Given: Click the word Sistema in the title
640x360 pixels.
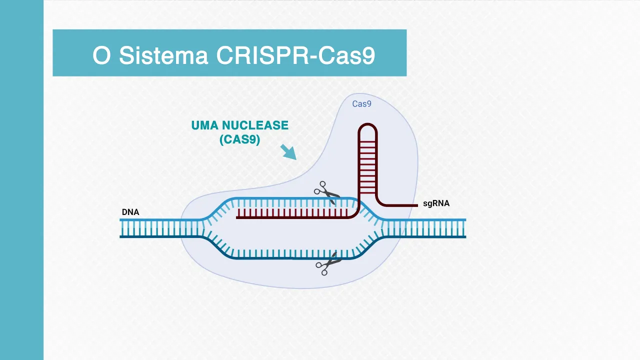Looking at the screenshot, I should point(163,55).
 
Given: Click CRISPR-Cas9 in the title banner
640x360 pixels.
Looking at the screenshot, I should point(295,55).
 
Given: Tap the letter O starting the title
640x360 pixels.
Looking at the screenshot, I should point(101,55).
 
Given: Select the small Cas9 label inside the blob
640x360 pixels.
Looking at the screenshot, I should point(361,104).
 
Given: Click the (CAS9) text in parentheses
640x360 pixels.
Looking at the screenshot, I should point(240,139).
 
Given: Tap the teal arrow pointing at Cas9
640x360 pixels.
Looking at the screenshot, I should point(288,151).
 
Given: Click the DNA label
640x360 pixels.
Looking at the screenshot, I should point(130,212).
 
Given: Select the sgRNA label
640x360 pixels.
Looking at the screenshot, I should point(436,203).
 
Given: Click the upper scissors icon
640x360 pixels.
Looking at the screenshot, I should point(325,192).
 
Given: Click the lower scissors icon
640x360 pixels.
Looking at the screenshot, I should point(327,264).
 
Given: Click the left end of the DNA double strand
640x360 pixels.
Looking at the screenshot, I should point(123,228).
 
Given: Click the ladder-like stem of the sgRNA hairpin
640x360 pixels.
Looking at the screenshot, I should point(367,165).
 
